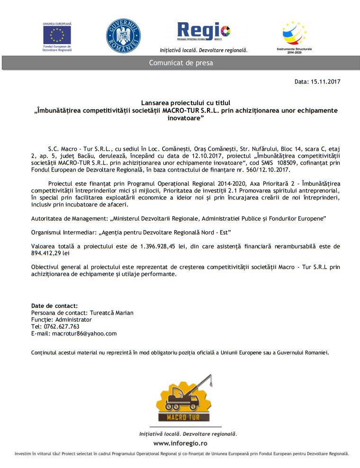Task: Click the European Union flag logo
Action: (x=57, y=35)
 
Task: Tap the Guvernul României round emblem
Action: (x=123, y=36)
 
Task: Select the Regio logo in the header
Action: (x=204, y=32)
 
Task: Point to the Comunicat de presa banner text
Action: (x=181, y=63)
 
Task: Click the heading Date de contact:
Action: (x=54, y=306)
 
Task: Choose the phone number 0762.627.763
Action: (x=62, y=326)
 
